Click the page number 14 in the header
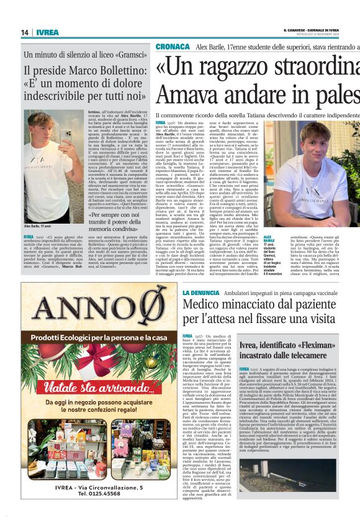(25, 32)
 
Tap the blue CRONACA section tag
(173, 47)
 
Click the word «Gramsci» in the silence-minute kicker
(125, 55)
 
